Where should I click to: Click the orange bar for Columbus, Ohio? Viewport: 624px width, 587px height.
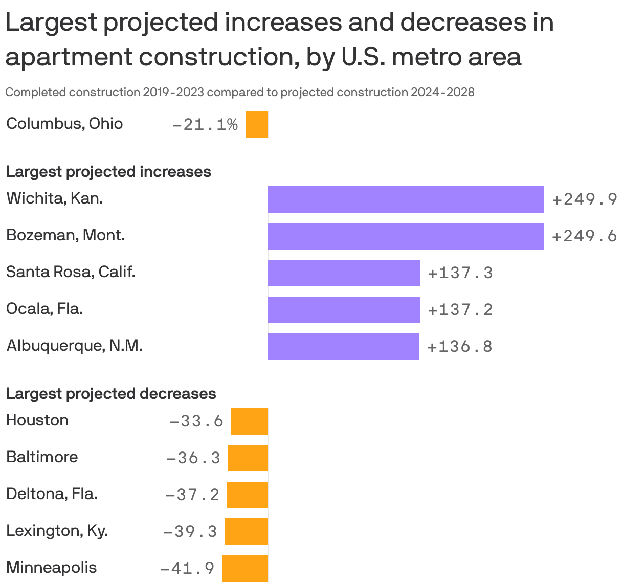coord(256,125)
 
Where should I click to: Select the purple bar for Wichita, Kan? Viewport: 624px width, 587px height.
coord(406,199)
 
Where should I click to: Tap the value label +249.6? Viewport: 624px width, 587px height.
coord(584,236)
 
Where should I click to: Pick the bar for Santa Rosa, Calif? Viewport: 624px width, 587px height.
coord(344,273)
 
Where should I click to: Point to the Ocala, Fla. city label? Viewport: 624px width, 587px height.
coord(44,309)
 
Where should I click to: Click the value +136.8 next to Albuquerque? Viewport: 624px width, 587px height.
coord(459,347)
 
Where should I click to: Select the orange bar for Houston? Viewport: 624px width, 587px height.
coord(249,421)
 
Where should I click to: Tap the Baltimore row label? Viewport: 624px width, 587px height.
coord(42,457)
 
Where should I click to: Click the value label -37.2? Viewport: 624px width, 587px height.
coord(192,495)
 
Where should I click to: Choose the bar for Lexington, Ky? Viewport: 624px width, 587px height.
coord(246,532)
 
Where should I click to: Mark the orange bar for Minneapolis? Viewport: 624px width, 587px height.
coord(244,569)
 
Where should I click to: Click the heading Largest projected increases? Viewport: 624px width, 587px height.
coord(108,171)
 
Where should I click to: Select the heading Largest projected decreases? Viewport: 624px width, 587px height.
coord(111,393)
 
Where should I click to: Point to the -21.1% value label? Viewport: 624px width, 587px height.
coord(205,125)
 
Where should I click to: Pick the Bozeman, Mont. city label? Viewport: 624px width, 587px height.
coord(65,235)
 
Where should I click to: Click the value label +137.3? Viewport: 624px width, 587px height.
coord(460,273)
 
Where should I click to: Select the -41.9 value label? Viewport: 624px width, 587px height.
coord(187,569)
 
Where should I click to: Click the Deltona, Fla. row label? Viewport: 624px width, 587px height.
coord(52,494)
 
